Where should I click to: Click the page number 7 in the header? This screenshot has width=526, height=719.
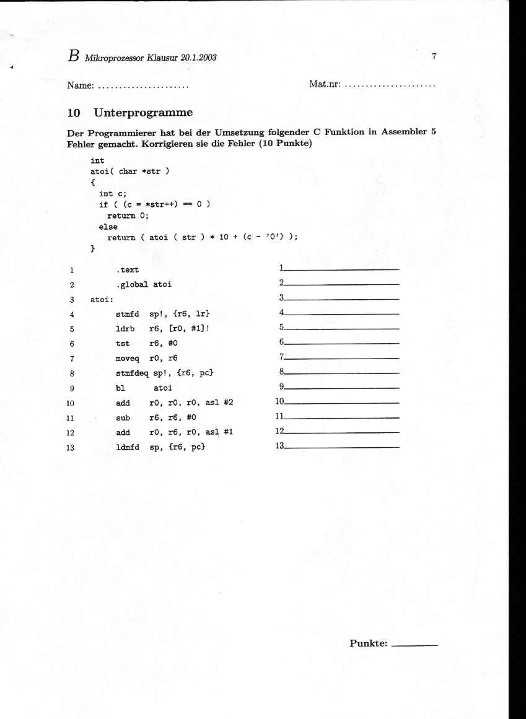(434, 56)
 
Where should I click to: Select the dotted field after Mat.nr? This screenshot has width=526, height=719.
(390, 85)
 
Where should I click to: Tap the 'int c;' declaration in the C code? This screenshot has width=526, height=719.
(113, 193)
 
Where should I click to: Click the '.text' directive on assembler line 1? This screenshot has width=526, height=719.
(128, 270)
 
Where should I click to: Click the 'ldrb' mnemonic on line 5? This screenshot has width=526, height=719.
(125, 328)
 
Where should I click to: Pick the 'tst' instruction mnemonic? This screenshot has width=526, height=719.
(122, 343)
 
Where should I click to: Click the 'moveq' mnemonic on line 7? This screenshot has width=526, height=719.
(127, 358)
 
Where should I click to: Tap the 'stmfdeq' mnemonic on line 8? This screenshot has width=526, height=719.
(130, 373)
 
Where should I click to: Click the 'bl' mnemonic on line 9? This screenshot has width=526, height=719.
(120, 388)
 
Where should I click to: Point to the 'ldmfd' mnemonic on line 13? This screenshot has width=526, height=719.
(127, 447)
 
